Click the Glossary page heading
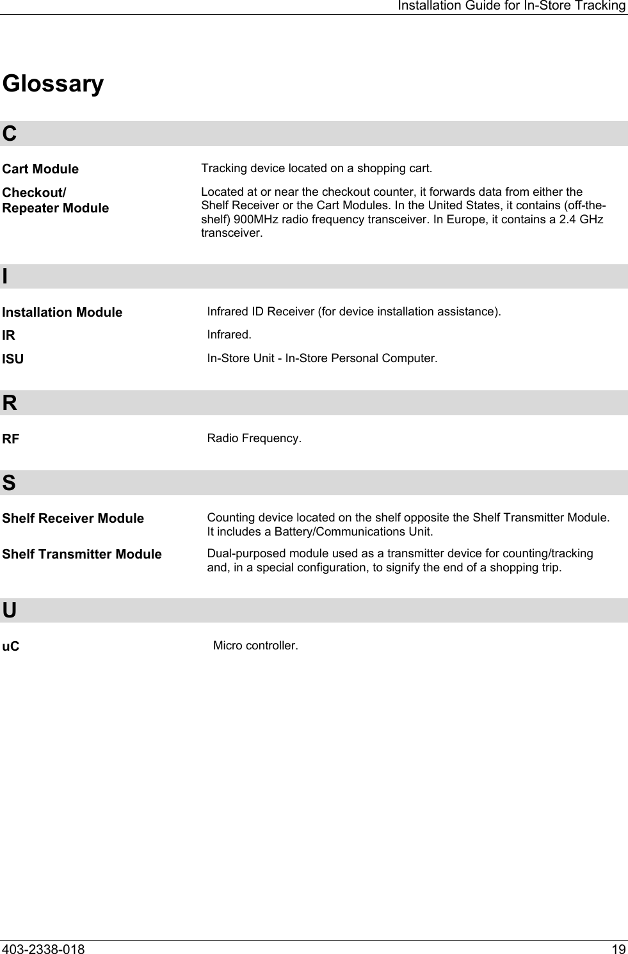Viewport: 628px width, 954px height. [x=52, y=84]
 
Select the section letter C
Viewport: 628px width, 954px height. [x=10, y=134]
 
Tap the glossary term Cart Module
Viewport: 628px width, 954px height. [x=40, y=169]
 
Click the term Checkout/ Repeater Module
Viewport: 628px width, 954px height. [x=55, y=200]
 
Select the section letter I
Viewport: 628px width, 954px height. [x=6, y=276]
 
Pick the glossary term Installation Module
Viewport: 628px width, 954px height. [x=62, y=312]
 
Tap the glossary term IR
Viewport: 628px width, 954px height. [x=9, y=335]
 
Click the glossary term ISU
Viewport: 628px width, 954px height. [x=13, y=359]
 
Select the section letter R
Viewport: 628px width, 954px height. [x=10, y=403]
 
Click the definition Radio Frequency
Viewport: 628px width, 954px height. [x=254, y=439]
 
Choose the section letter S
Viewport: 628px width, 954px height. [x=9, y=482]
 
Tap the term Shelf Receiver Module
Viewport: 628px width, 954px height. [x=73, y=518]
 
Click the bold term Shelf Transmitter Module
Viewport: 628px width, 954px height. [x=82, y=554]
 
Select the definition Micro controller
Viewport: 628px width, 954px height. [x=255, y=645]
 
